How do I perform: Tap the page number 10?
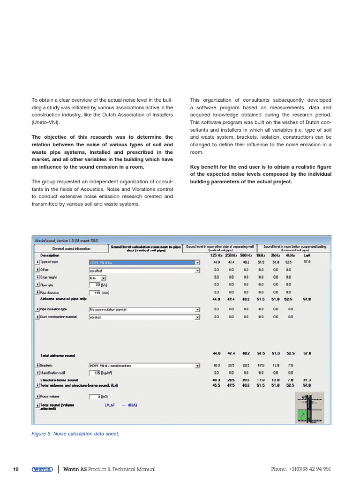(15, 469)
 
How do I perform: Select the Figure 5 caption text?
(75, 434)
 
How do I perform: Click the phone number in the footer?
(301, 469)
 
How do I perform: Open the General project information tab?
(71, 248)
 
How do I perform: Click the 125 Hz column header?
(216, 255)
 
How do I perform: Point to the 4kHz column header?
(290, 255)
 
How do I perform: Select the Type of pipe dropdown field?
(144, 263)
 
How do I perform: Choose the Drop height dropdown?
(97, 277)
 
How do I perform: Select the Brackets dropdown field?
(144, 366)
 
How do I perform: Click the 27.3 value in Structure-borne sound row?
(307, 380)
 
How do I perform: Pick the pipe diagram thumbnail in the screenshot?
(309, 407)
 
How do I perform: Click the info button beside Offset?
(37, 270)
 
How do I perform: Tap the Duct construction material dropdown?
(144, 317)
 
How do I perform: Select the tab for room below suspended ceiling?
(294, 248)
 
